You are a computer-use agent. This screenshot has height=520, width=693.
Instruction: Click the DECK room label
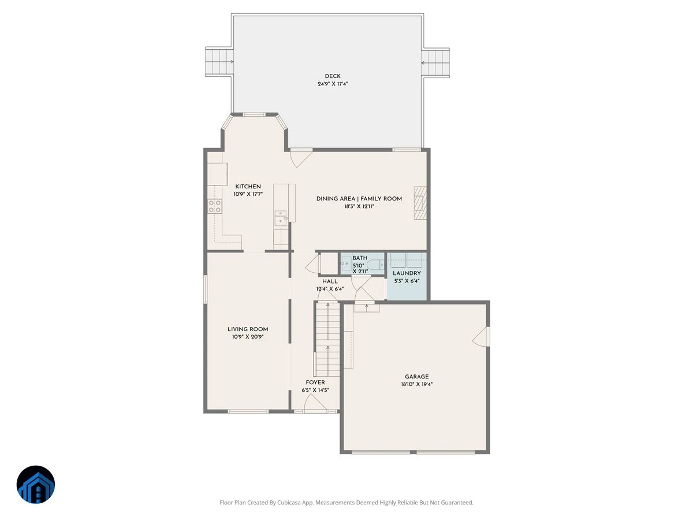333,76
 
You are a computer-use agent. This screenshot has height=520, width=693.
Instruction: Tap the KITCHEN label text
248,187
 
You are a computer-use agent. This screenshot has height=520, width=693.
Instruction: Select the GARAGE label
416,377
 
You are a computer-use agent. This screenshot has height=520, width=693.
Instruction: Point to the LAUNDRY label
407,273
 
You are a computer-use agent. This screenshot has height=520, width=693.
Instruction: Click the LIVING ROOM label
248,329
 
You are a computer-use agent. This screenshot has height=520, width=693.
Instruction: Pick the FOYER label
315,382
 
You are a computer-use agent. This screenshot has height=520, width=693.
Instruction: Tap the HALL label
330,281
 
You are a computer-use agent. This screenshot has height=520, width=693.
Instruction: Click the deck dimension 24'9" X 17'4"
333,84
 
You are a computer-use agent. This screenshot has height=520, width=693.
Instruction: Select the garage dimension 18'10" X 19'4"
416,384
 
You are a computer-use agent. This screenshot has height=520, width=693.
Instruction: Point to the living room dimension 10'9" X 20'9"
248,337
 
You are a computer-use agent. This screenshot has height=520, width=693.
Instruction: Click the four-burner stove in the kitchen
214,206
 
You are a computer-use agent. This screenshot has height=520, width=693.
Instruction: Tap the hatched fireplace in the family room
420,203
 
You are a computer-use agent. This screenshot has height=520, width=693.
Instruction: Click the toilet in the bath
375,264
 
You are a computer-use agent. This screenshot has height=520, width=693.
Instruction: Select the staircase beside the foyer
327,339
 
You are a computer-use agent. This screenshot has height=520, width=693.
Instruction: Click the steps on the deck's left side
219,62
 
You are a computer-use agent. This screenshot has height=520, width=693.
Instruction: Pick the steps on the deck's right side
435,62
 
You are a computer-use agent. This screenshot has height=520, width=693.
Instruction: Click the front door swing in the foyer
315,403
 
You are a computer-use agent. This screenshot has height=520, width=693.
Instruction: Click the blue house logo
36,484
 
